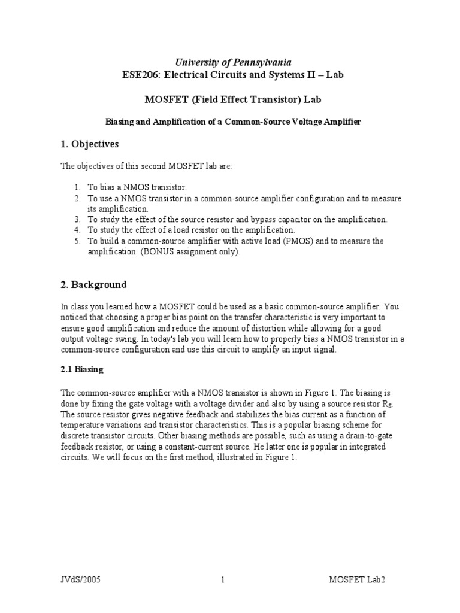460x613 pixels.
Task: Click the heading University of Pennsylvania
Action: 232,62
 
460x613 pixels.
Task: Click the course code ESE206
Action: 137,75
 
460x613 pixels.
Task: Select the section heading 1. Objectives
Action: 90,144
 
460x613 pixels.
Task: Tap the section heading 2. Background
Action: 93,284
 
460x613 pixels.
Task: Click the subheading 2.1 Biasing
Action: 82,369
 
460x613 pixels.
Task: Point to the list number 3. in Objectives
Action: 77,220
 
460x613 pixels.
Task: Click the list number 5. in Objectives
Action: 77,241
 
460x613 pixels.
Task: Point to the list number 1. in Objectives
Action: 77,187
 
